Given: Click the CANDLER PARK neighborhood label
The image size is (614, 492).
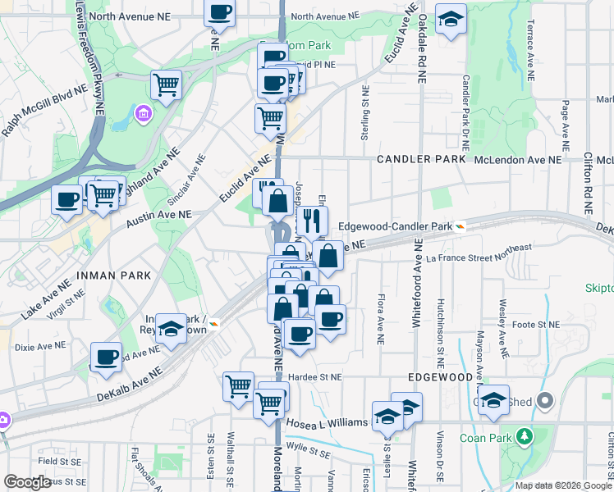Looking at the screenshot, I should (x=421, y=159).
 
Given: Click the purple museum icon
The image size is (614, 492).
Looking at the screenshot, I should (x=144, y=112).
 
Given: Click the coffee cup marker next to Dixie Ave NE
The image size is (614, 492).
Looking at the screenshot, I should (x=106, y=357).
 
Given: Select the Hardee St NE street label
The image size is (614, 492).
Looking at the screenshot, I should (x=314, y=377).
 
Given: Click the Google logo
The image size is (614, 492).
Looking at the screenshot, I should (x=27, y=483).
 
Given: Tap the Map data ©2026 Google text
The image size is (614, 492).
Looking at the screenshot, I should (x=562, y=485).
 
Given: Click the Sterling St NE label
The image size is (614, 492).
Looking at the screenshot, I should (x=364, y=115).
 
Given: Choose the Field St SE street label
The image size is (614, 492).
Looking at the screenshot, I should (x=41, y=462).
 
